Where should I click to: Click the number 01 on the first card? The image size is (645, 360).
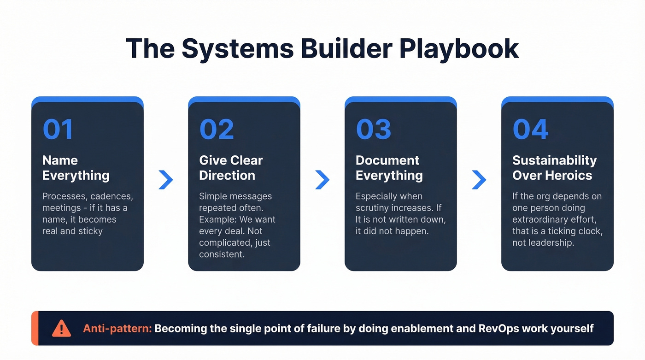[x=58, y=130]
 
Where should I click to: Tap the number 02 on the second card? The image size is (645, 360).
[x=217, y=130]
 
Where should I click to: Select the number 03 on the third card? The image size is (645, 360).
[x=373, y=130]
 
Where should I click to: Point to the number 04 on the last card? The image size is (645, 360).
[x=530, y=130]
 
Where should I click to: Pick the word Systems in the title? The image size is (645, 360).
[x=238, y=49]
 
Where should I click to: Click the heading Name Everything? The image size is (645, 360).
[x=76, y=168]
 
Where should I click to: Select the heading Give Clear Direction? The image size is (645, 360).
[x=231, y=168]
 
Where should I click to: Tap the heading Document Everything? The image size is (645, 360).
[x=389, y=168]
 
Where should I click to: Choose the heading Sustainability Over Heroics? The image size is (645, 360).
[x=554, y=168]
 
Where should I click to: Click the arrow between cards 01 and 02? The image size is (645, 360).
[x=166, y=180]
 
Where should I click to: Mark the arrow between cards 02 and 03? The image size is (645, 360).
[x=322, y=180]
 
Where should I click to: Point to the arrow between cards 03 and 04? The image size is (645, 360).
[x=479, y=180]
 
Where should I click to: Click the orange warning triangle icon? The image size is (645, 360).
[x=61, y=329]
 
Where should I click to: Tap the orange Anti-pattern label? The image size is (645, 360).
[x=117, y=329]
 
